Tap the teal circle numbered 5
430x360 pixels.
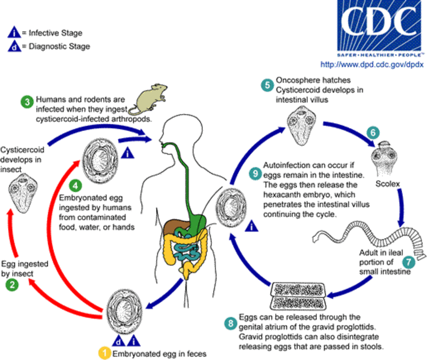pos(266,85)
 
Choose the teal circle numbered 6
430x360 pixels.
pos(373,132)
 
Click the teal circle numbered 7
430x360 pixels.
pos(409,262)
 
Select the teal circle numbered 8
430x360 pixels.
pos(231,323)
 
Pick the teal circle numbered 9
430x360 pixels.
pos(255,174)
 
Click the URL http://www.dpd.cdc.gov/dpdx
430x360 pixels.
pos(372,65)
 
